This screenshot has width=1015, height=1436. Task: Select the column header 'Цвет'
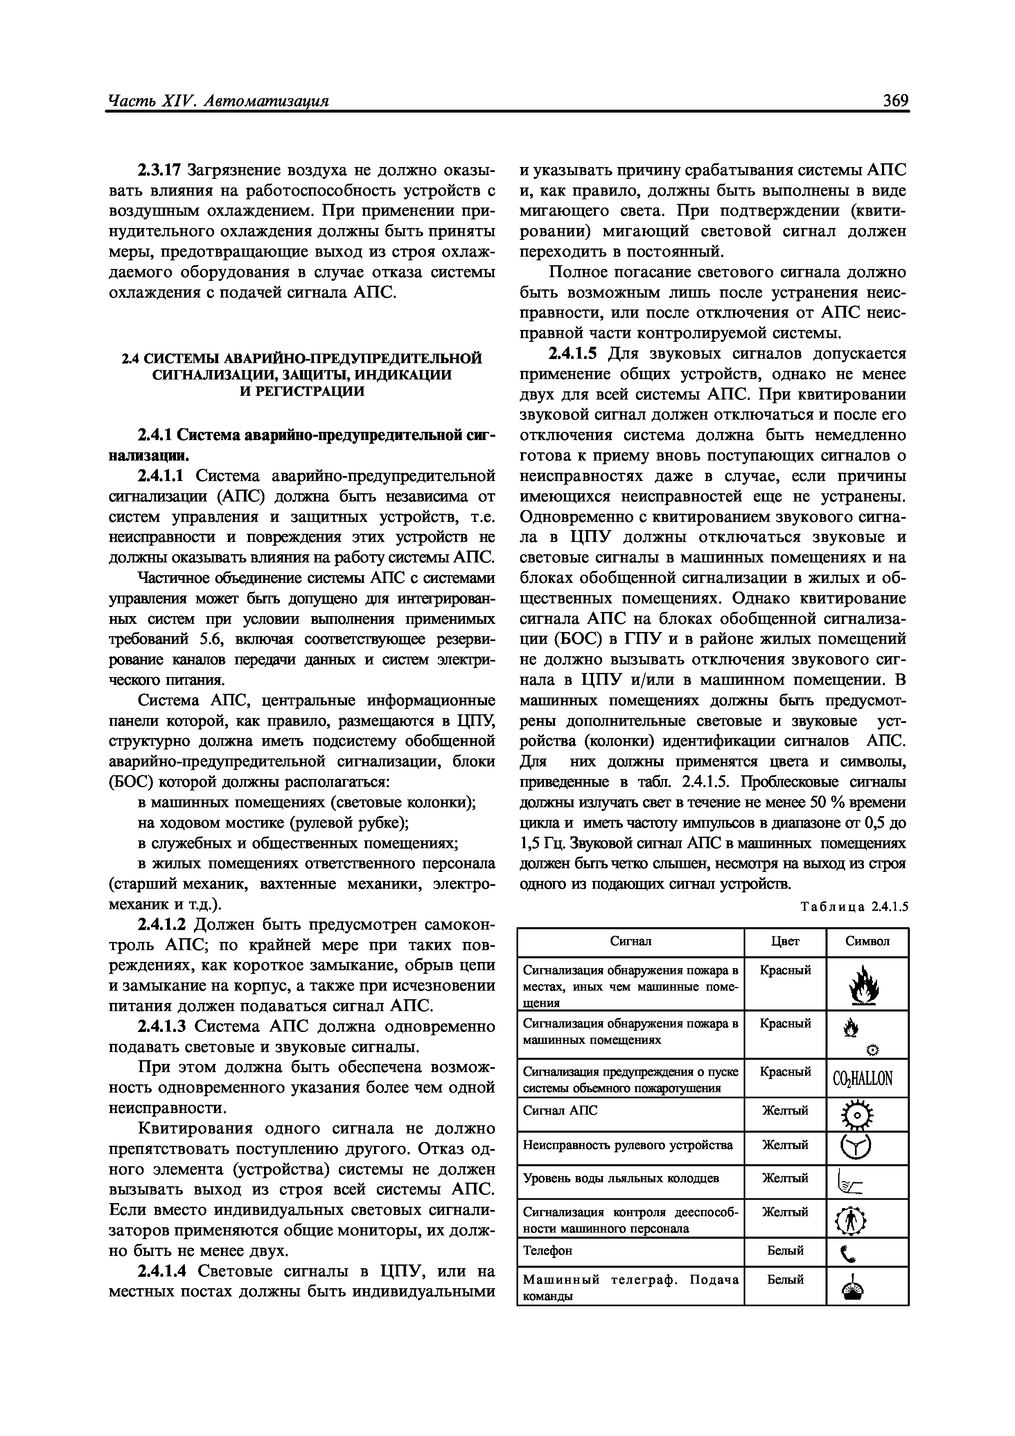(x=785, y=941)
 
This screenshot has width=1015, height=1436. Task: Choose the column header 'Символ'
(x=867, y=941)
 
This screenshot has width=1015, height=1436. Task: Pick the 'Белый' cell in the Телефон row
(x=785, y=1251)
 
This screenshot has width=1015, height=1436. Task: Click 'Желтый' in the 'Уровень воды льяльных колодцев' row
(x=785, y=1179)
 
